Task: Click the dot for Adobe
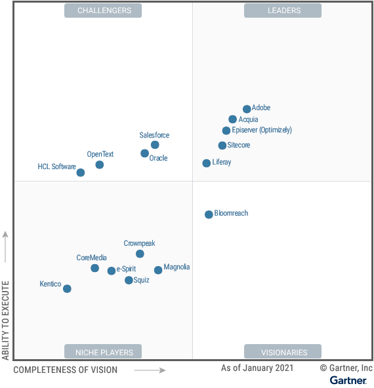247,109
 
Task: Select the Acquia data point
233,119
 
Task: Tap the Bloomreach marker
209,214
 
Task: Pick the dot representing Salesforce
155,145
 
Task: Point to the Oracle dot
144,153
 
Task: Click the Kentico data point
67,288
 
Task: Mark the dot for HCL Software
81,173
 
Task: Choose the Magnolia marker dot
158,270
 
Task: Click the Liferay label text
222,162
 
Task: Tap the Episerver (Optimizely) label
262,130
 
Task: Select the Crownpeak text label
139,243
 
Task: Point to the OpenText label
100,154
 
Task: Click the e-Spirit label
126,269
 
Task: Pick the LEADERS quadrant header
283,10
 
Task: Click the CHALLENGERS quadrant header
103,10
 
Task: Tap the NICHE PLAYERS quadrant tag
103,352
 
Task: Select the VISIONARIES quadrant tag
283,352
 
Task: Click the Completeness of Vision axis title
66,370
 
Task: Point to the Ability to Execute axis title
6,320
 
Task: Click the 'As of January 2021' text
258,368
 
